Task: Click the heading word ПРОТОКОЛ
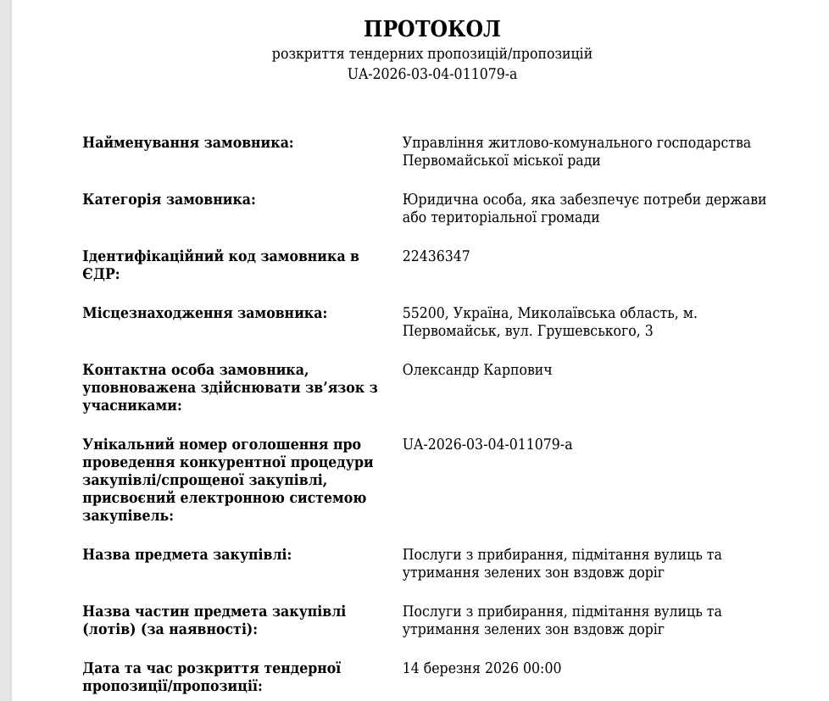tap(432, 29)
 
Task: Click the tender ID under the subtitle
tap(432, 74)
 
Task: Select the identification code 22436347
tap(436, 256)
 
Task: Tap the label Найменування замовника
tap(187, 142)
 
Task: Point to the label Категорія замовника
tap(169, 199)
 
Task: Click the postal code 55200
tap(421, 313)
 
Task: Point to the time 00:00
tap(543, 668)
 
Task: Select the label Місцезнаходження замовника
tap(204, 313)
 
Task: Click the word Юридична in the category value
tap(436, 199)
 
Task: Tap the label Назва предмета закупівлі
tap(186, 554)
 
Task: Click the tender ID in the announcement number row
tap(487, 444)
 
